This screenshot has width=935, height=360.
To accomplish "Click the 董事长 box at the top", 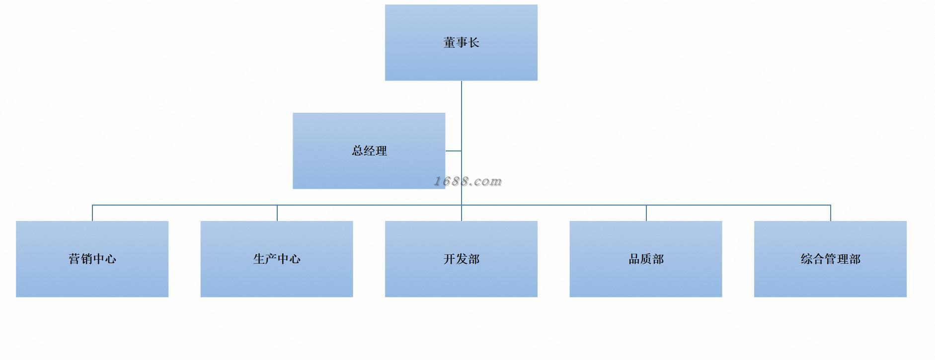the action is (461, 43).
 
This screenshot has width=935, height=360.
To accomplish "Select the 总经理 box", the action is (369, 151).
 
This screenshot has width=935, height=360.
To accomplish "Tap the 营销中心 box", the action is (92, 259).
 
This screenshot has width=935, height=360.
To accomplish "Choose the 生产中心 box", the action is (277, 259).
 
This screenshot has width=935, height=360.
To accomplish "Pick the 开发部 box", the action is (461, 259).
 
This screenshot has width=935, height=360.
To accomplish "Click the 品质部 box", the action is (646, 259).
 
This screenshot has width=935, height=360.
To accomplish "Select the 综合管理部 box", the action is (830, 259).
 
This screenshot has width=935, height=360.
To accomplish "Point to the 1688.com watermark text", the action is (468, 181).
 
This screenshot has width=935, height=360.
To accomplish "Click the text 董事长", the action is (462, 43).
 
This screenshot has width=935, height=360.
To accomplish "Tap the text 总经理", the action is (369, 151).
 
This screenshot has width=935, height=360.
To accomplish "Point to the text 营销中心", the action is (92, 259).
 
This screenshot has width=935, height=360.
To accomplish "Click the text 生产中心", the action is (277, 259).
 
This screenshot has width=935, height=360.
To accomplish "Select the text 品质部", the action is (646, 259).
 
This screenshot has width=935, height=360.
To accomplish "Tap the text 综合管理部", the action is (831, 259).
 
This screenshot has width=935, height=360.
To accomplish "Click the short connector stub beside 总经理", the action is (453, 150).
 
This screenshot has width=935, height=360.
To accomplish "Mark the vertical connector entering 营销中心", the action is (92, 213).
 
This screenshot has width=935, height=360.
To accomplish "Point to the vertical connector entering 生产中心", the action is (277, 213).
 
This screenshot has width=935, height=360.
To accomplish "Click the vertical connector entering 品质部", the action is (646, 213).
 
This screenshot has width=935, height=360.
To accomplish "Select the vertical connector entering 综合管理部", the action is (831, 213).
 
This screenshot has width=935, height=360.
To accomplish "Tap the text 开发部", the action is (462, 259).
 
